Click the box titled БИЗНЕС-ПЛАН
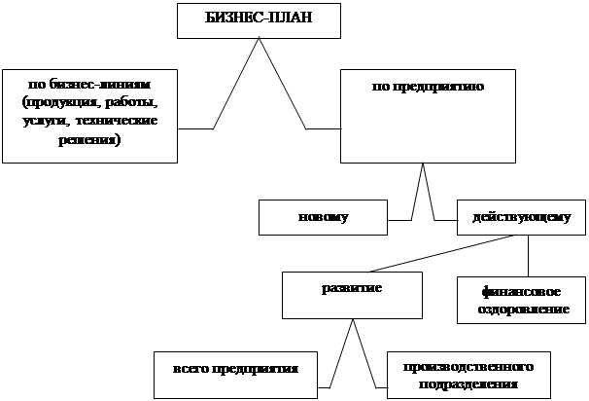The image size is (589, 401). [260, 19]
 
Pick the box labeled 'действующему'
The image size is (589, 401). [520, 216]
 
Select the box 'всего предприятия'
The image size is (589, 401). [235, 371]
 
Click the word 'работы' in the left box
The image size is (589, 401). [132, 102]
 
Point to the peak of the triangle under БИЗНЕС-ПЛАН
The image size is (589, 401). [260, 40]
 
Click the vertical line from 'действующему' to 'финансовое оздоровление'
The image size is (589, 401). [528, 256]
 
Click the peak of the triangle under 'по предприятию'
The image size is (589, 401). [423, 164]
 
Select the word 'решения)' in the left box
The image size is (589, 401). [90, 141]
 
